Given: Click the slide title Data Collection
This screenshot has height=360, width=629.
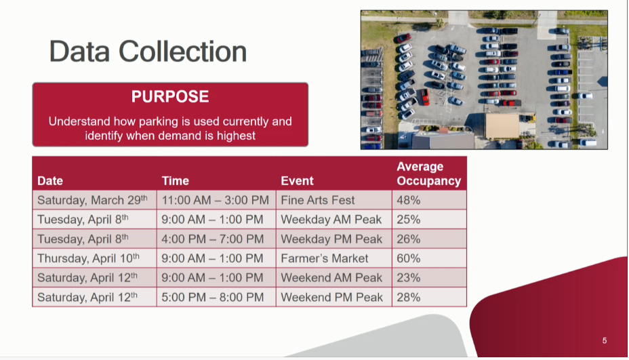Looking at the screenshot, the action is (148, 52).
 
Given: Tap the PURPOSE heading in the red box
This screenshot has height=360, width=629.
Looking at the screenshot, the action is (170, 96).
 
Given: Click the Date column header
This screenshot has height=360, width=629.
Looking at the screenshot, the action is (50, 180).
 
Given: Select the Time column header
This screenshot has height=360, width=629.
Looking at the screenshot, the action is (176, 180).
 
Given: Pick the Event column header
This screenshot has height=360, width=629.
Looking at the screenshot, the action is (297, 180).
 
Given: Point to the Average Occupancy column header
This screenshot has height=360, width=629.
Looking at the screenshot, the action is (429, 174).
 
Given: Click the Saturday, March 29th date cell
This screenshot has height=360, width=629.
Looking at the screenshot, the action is (92, 200).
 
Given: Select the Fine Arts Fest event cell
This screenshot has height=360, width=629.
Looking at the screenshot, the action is (318, 200).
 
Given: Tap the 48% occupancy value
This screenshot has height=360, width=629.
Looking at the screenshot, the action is (408, 200).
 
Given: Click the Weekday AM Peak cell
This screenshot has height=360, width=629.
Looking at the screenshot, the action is (331, 220).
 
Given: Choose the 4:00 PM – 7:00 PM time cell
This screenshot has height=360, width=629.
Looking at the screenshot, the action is (213, 239).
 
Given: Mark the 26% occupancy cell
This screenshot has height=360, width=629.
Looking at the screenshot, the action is (408, 239).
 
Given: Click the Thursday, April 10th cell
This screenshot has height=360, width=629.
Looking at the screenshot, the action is (88, 258).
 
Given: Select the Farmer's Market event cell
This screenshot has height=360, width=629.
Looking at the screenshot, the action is (324, 258).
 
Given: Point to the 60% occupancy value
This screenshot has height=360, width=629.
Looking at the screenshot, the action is (408, 258).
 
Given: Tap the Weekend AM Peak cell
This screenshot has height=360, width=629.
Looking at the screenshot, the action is (331, 278).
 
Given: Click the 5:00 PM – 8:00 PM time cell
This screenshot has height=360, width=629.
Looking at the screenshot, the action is (213, 297).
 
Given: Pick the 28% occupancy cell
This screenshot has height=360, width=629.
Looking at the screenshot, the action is (408, 297).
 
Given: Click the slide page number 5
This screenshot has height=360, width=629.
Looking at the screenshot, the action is (604, 341).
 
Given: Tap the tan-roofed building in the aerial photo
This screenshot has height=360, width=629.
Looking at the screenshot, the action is (502, 126).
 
